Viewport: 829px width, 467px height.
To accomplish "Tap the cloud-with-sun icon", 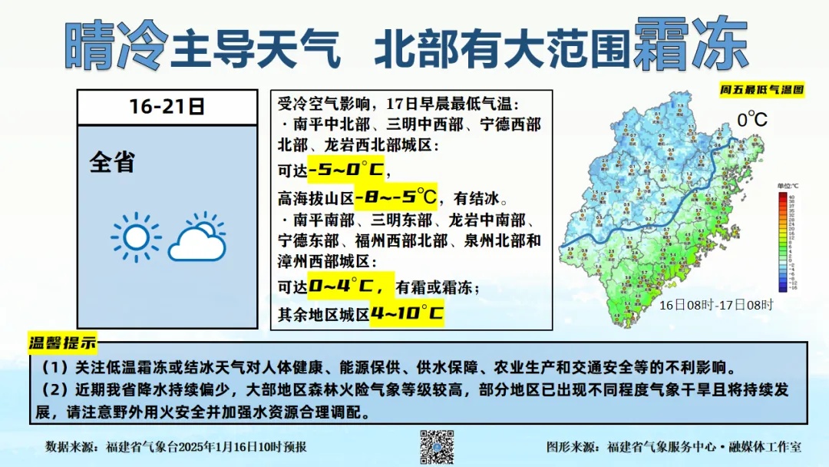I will point(198,238).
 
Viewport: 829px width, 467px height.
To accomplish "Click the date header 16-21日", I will point(167,107).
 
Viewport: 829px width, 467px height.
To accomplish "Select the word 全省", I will point(112,162).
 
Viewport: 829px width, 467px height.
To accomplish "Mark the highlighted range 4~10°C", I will point(407,313).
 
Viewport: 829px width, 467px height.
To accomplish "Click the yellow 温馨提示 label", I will point(63,342).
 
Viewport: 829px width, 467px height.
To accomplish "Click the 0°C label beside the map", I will point(752,121).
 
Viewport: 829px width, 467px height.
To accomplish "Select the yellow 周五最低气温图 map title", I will point(761,89).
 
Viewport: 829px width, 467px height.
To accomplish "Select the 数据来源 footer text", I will point(177,446).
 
